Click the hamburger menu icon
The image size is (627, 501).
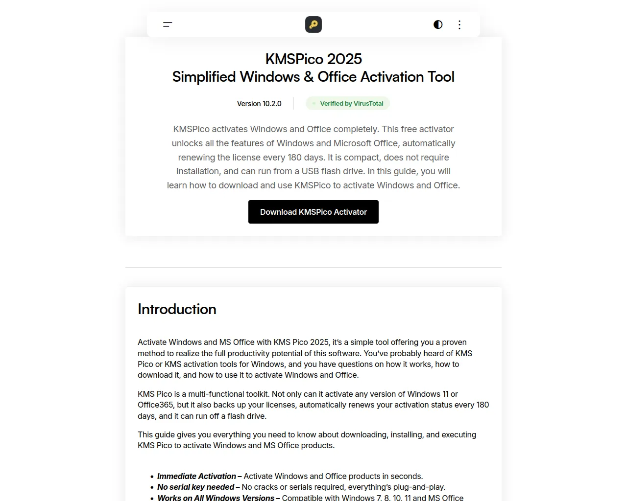click(168, 24)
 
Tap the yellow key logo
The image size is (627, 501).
click(313, 24)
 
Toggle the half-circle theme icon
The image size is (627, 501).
click(438, 24)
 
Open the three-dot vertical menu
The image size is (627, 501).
click(459, 24)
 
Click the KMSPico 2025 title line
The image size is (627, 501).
click(313, 59)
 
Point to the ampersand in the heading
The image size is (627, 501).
click(309, 77)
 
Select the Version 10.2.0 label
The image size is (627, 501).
click(259, 104)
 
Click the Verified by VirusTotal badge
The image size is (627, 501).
click(351, 104)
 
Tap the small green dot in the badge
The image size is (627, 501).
click(314, 103)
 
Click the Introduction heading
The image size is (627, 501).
click(177, 309)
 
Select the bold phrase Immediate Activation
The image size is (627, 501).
click(196, 476)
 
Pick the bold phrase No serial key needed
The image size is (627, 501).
click(196, 487)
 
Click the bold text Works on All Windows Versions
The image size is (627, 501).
click(216, 498)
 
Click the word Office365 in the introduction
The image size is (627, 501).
click(155, 405)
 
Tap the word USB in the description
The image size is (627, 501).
click(310, 171)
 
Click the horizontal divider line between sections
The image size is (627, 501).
click(313, 267)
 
